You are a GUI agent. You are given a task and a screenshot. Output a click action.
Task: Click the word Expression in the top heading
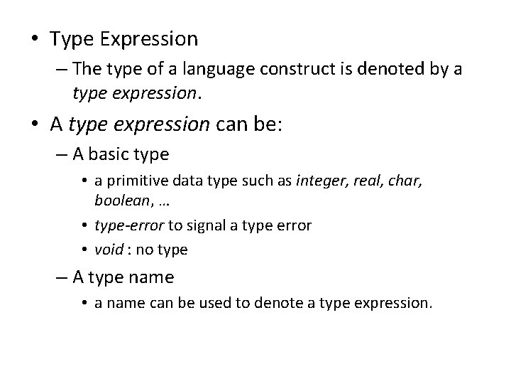[x=155, y=38]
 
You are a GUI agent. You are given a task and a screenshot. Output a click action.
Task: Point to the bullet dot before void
[x=84, y=249]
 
